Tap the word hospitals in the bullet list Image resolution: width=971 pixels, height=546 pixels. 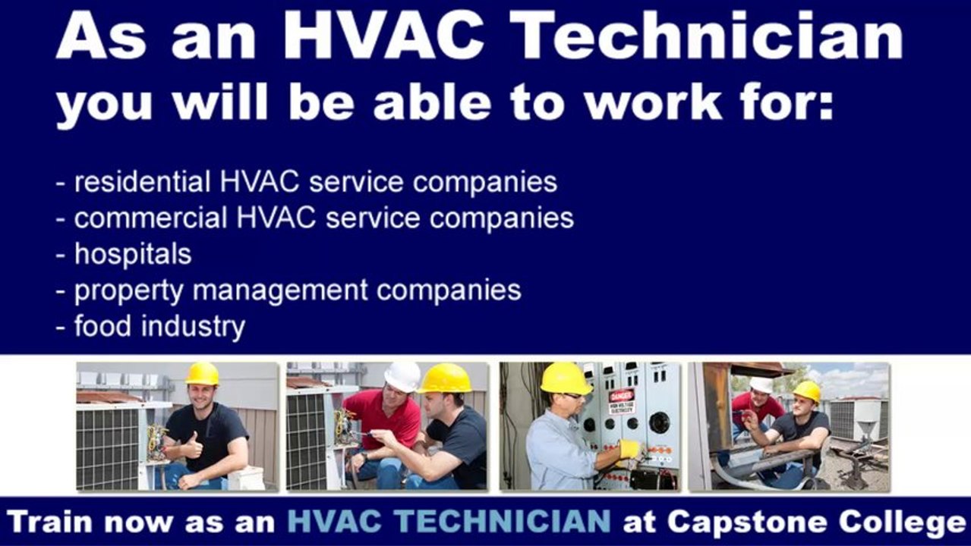[133, 254]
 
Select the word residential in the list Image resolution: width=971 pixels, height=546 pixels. [142, 182]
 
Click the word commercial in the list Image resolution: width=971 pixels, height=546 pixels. [151, 218]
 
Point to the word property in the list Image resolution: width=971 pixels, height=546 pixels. [128, 291]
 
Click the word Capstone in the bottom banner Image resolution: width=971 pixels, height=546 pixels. [751, 522]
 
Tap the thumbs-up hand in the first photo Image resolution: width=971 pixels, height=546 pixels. [192, 448]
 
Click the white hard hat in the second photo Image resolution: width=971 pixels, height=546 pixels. [402, 375]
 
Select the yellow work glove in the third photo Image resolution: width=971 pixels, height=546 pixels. [629, 450]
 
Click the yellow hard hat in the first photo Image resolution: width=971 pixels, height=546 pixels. [202, 373]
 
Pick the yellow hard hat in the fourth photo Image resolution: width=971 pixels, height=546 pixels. [806, 391]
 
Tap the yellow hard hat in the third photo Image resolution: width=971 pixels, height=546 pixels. [566, 378]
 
